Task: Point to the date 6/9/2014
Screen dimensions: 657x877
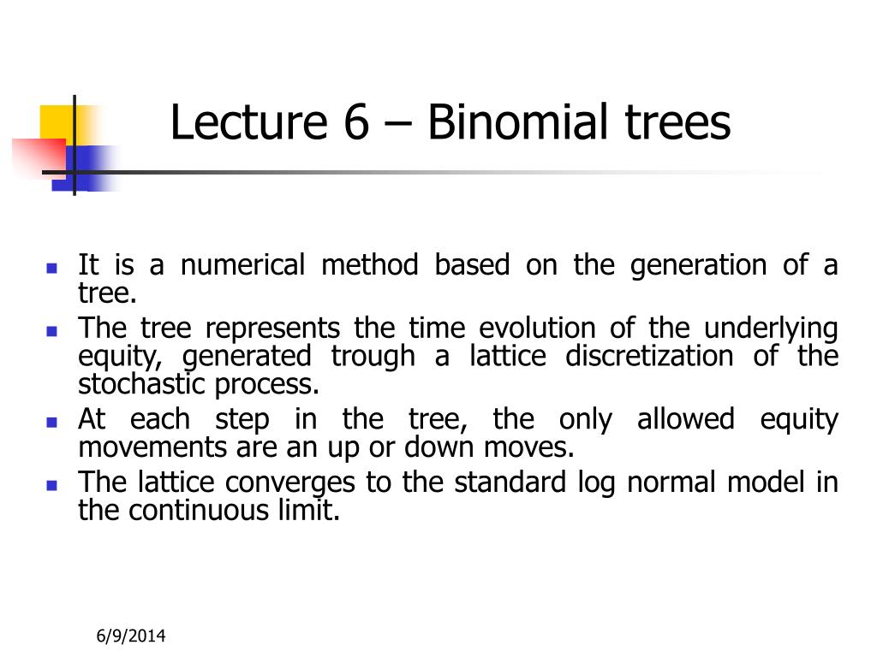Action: (x=130, y=636)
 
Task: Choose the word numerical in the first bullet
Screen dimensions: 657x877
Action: (x=242, y=266)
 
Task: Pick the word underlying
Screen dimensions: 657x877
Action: (x=771, y=328)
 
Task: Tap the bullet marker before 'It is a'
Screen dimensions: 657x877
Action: (x=51, y=267)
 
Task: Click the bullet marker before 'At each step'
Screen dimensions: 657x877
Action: (x=51, y=421)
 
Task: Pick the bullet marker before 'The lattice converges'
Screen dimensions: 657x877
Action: (x=51, y=484)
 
